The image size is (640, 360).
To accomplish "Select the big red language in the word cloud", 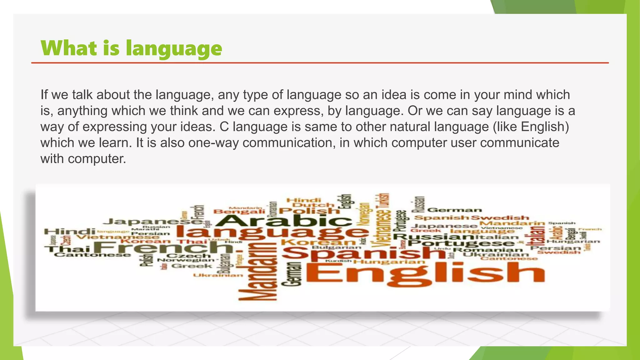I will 272,233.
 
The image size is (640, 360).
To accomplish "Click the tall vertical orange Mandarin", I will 260,269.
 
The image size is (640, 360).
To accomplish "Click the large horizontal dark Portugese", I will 461,243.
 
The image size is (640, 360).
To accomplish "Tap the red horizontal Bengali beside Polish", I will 239,212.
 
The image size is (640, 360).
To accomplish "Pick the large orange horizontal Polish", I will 309,211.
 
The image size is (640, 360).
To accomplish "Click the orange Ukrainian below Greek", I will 218,275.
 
